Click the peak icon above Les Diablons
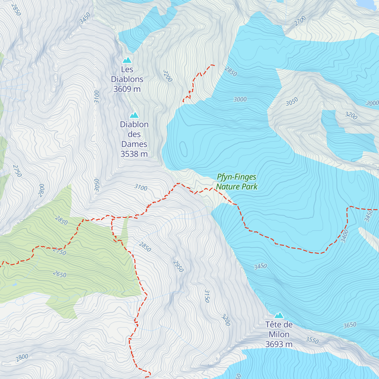click(127, 60)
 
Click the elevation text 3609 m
click(127, 89)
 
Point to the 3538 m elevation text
click(134, 154)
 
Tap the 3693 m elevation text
click(279, 344)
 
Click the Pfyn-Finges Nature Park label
click(237, 182)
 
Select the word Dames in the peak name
click(134, 144)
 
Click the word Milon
click(279, 334)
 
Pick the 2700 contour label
click(300, 21)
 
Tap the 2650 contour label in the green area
click(60, 274)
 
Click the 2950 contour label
click(178, 266)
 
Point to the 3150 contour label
click(207, 296)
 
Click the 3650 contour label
click(350, 325)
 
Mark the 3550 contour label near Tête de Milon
click(312, 340)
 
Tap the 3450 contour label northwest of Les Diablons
click(85, 18)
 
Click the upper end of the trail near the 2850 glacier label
click(214, 65)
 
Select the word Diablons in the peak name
click(127, 79)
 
